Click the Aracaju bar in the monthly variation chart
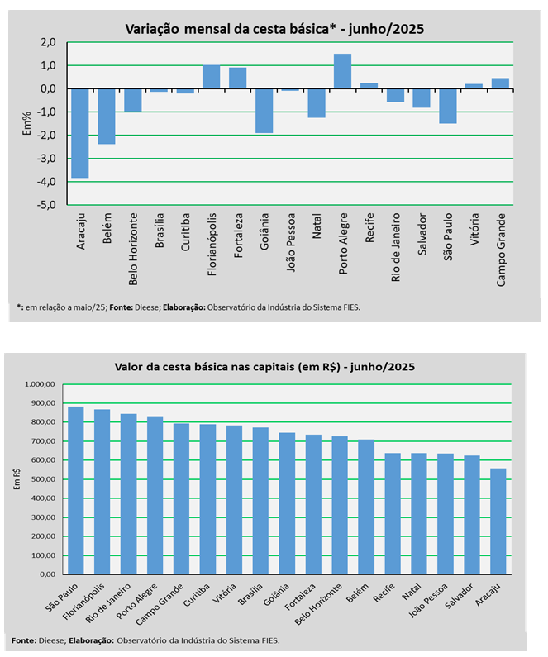(80, 132)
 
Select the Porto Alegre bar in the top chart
(343, 71)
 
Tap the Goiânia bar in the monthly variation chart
(264, 110)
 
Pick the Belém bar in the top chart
(107, 116)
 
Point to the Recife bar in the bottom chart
(392, 513)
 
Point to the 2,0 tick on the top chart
(47, 42)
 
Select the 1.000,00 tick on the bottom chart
(41, 384)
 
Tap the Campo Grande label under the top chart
(502, 250)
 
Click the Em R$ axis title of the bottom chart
(17, 478)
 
